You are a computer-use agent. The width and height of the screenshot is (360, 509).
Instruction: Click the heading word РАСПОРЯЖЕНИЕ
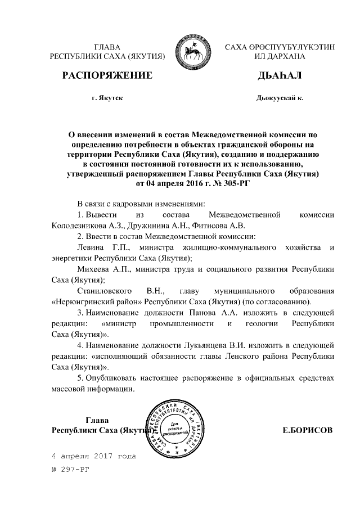click(107, 75)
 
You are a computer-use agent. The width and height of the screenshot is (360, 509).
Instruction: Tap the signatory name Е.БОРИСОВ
click(307, 430)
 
